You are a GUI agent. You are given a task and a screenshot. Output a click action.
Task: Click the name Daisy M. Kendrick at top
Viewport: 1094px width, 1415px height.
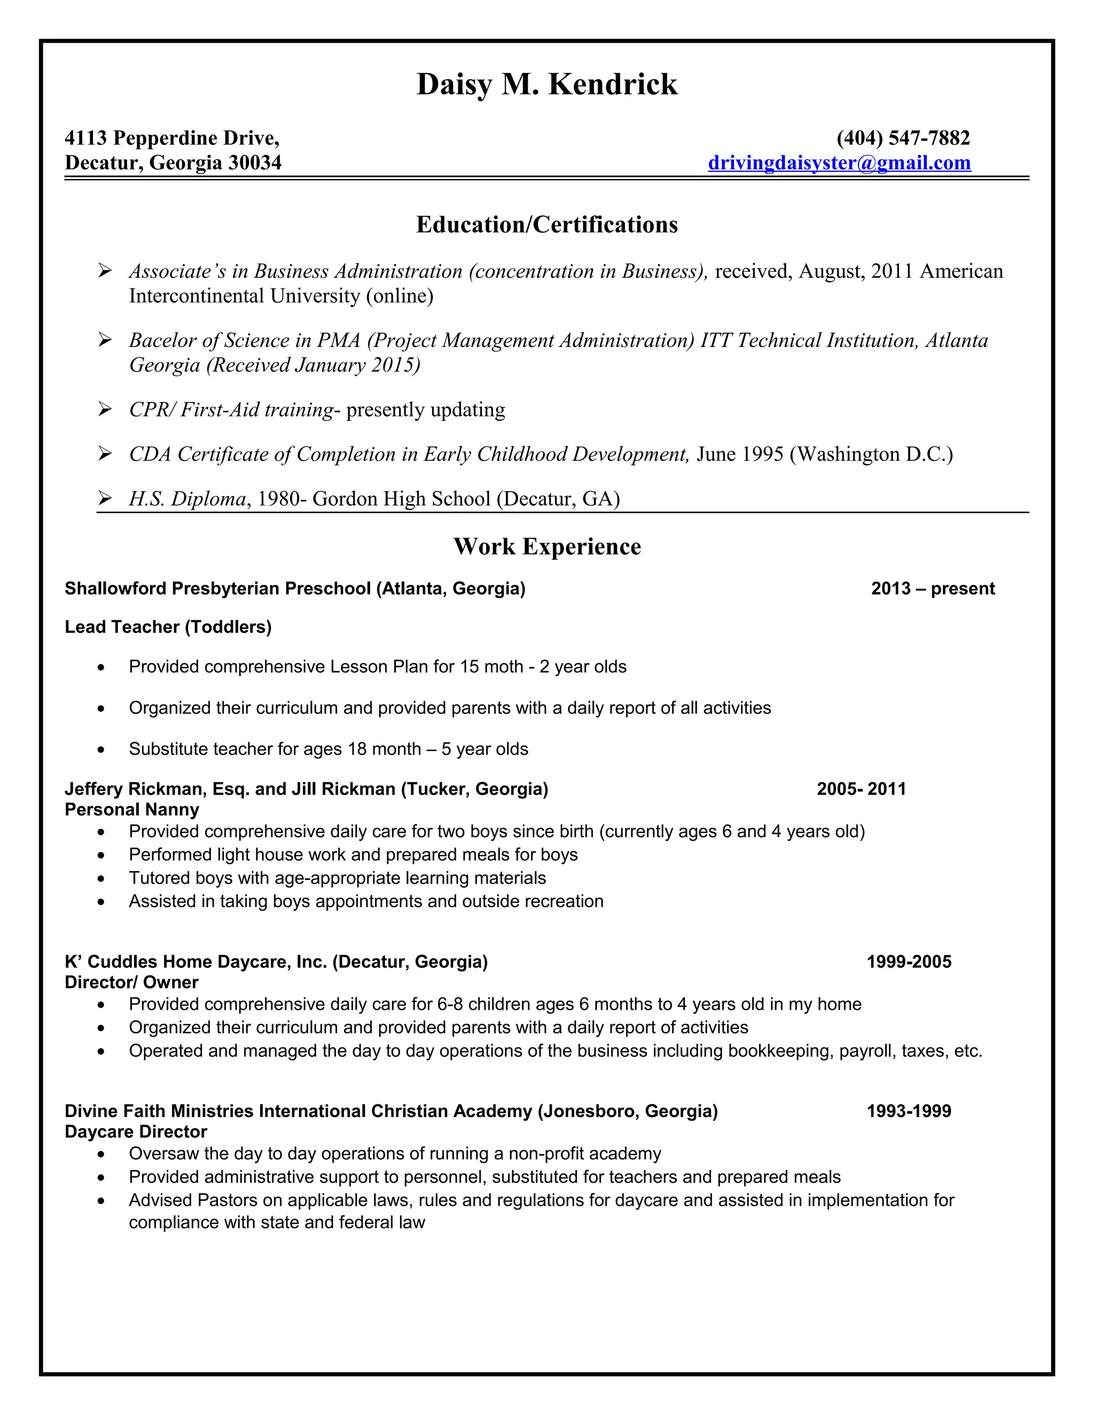coord(546,84)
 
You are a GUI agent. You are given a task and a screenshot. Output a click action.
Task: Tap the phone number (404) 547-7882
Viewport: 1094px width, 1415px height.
coord(903,138)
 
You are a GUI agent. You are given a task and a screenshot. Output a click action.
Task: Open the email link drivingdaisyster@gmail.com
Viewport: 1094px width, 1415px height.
coord(839,163)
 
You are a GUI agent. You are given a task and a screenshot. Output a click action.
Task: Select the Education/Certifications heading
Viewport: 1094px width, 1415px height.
coord(546,225)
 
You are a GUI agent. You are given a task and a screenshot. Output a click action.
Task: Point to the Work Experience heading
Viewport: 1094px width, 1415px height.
coord(546,546)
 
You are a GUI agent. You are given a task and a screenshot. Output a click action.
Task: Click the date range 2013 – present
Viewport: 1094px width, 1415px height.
coord(933,588)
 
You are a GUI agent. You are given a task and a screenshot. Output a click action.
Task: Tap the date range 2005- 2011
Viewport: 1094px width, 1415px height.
coord(861,789)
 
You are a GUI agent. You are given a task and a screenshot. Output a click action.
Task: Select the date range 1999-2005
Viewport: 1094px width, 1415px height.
coord(909,962)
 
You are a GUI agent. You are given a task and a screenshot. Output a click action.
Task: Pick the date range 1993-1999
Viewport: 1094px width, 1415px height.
coord(909,1111)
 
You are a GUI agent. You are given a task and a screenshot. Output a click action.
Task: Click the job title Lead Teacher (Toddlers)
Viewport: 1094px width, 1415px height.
coord(168,626)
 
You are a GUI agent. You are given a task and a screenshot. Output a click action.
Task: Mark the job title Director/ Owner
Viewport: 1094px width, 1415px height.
coord(131,982)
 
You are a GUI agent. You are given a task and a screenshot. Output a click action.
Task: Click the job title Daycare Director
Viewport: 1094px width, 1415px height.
coord(136,1132)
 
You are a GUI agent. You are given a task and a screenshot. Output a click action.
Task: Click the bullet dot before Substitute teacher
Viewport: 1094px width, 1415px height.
coord(100,750)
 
